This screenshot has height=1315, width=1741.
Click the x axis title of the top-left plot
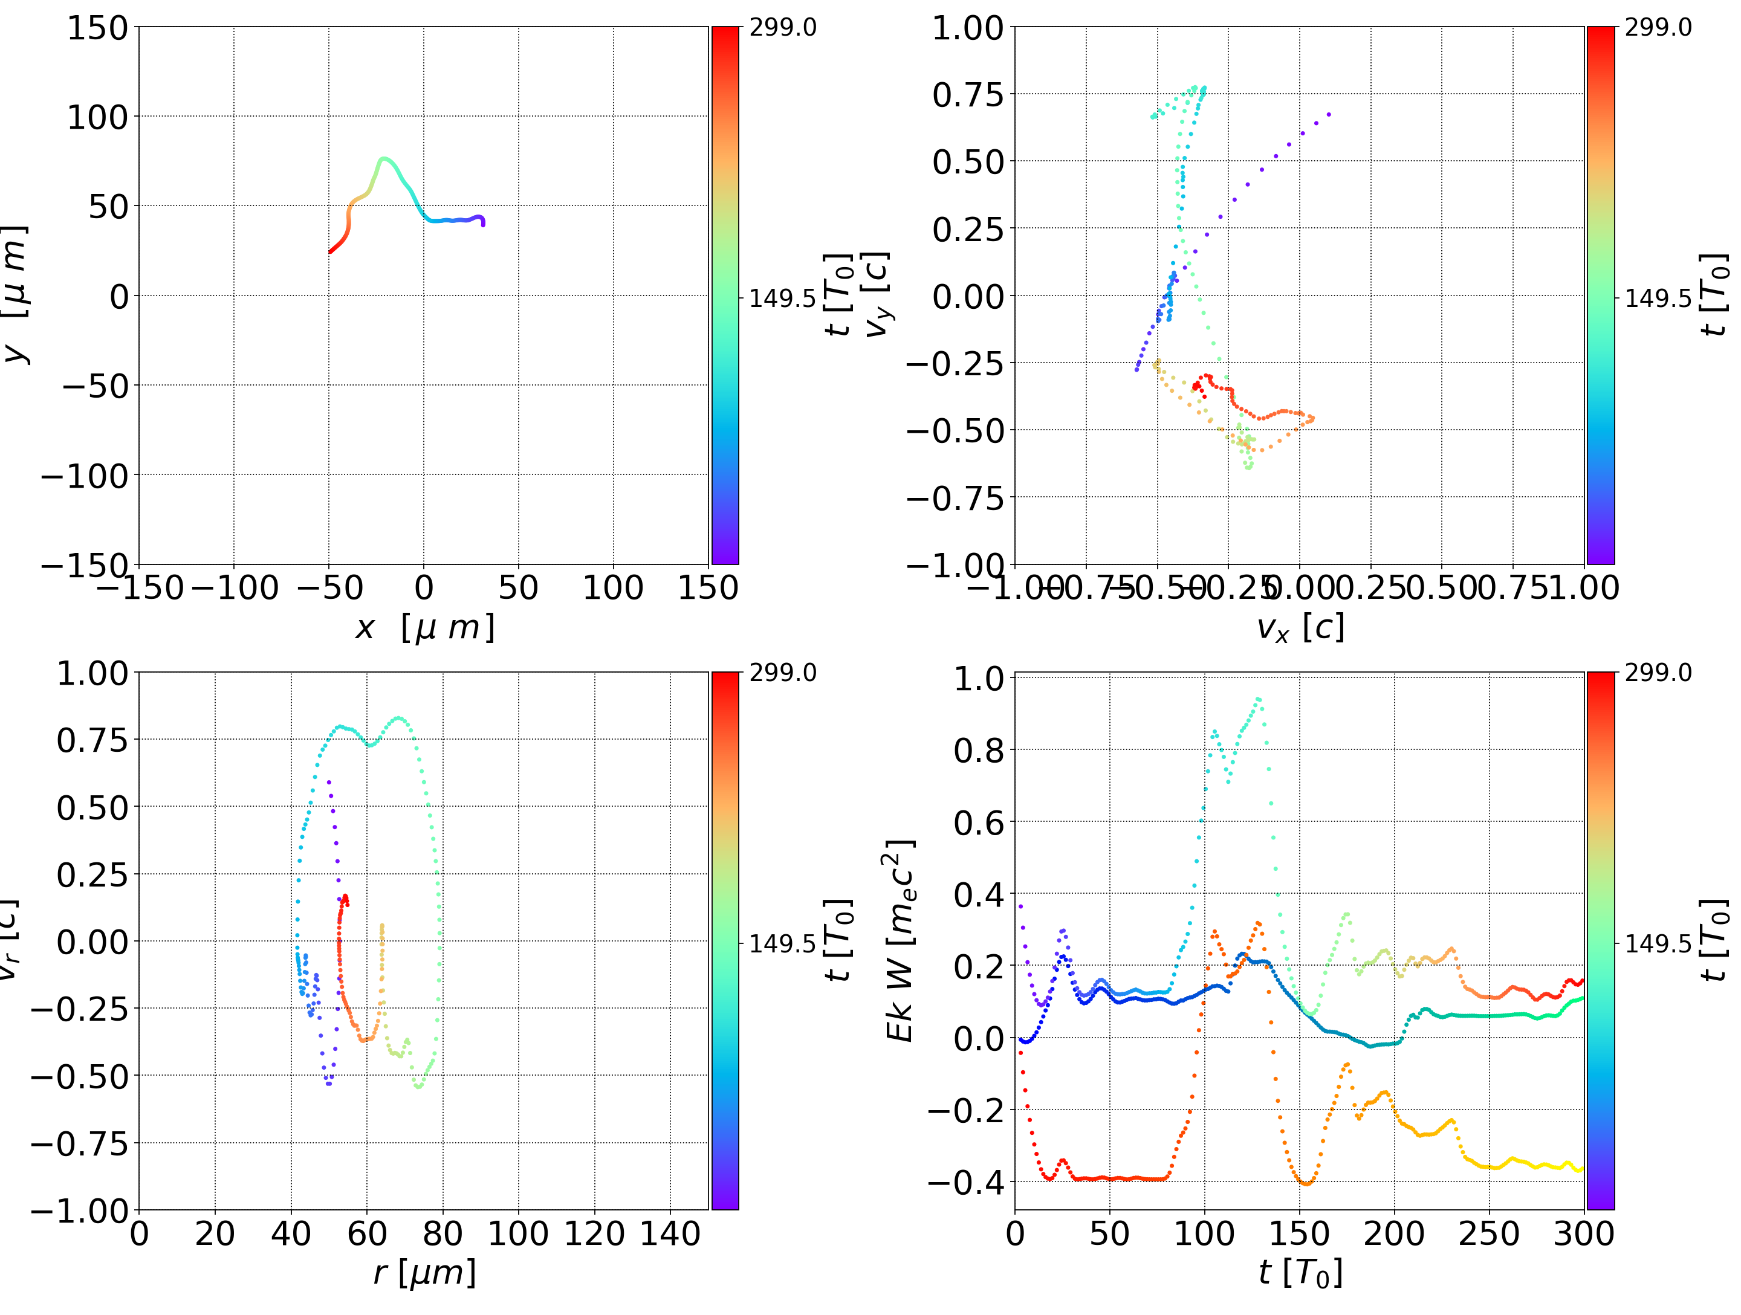tap(424, 628)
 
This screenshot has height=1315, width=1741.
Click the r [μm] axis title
tap(424, 1273)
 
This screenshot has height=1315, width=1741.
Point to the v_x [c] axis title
tap(1300, 628)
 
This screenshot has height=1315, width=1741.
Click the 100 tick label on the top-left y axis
tap(97, 117)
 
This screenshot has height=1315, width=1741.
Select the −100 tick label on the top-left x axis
tap(234, 588)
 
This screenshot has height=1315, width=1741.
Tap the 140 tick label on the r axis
tap(670, 1233)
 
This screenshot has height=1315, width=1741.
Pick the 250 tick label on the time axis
tap(1489, 1233)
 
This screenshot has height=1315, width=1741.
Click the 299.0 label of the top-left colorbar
tap(782, 28)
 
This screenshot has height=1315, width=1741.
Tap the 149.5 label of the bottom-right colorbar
tap(1658, 943)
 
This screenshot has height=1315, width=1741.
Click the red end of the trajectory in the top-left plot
tap(331, 252)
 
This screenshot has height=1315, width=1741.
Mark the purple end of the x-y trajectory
tap(482, 224)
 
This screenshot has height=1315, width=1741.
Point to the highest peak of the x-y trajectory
tap(383, 159)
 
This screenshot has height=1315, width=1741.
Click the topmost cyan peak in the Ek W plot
tap(1258, 699)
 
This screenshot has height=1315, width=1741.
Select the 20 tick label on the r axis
tap(215, 1233)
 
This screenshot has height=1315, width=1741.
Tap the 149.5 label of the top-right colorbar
tap(1658, 299)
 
